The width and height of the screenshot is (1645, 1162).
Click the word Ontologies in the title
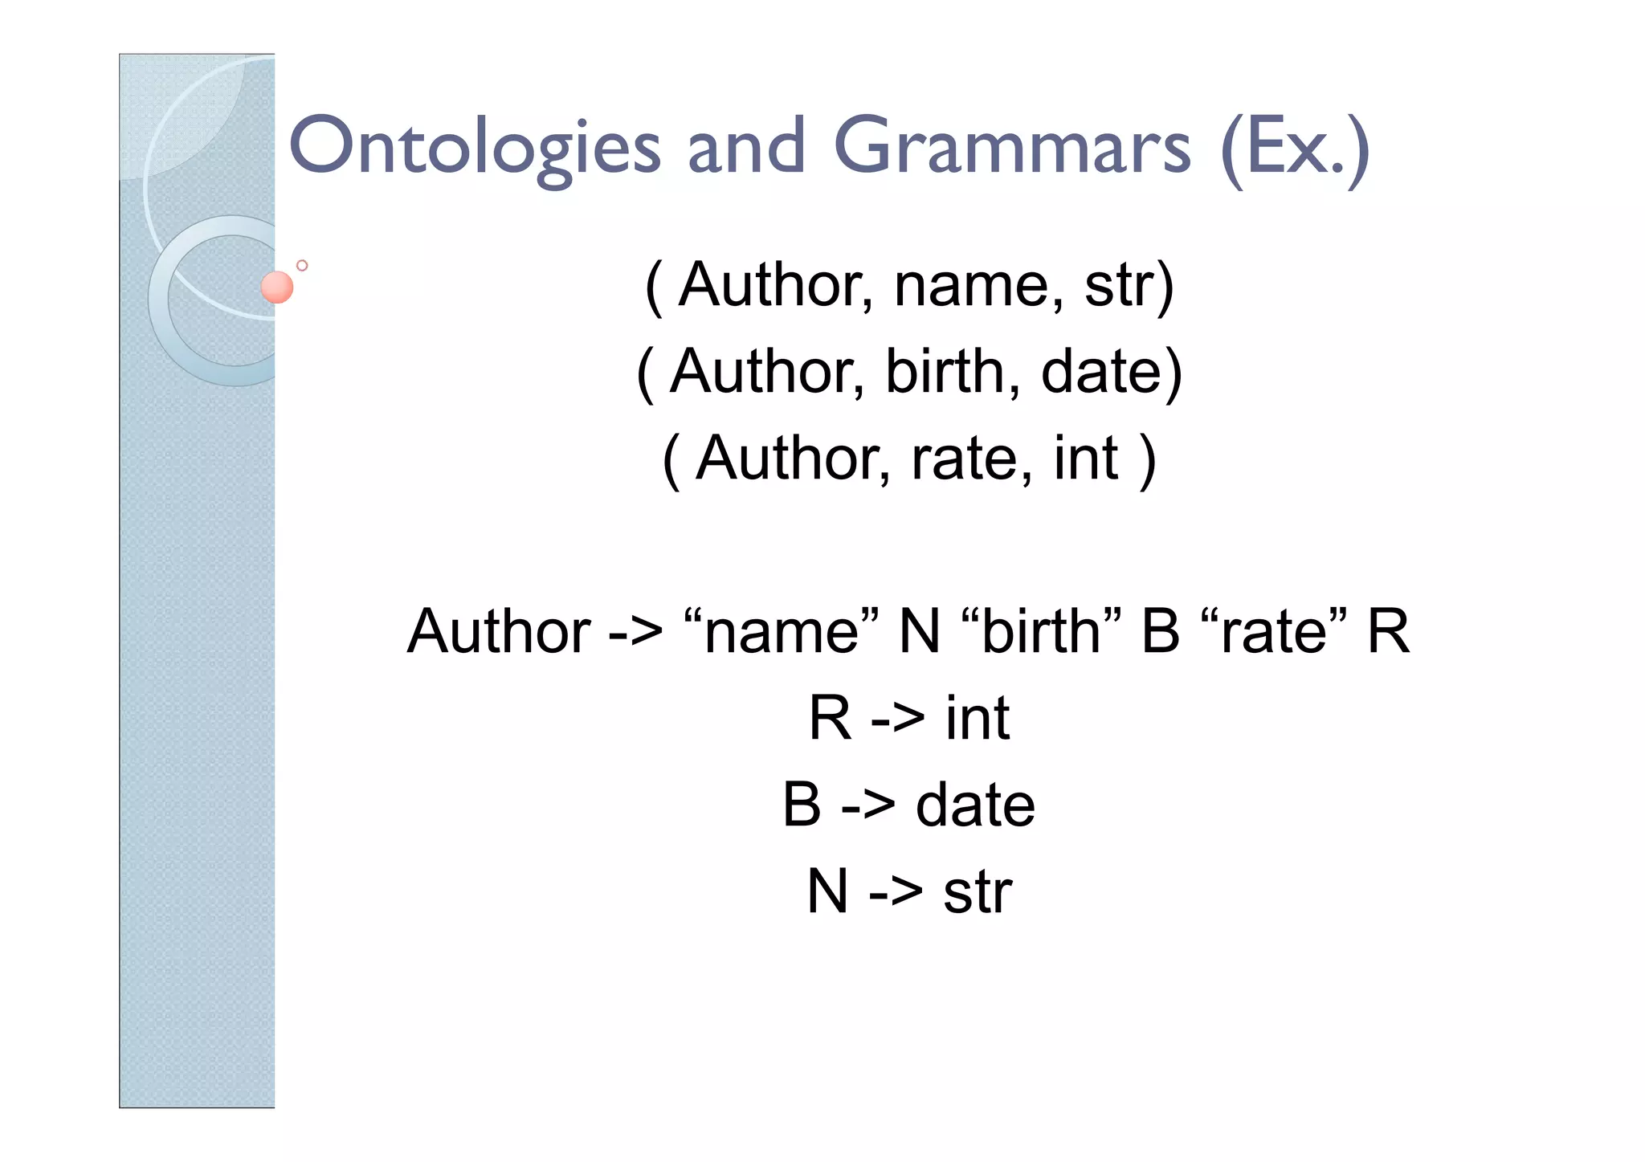(474, 147)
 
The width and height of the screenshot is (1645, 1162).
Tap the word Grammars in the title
(1012, 147)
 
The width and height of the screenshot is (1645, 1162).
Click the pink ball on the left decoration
(277, 287)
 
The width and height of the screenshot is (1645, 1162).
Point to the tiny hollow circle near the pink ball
(302, 265)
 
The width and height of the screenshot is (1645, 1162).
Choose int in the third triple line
(1086, 459)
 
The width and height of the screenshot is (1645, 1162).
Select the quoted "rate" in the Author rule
(1274, 631)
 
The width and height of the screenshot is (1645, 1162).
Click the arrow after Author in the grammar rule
(635, 633)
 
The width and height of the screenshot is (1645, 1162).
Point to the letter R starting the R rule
(830, 718)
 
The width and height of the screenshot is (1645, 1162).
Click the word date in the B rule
(975, 805)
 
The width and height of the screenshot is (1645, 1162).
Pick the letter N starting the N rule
(827, 891)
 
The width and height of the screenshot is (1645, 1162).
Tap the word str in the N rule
(978, 891)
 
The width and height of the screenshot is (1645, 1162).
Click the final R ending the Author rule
(1388, 631)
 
